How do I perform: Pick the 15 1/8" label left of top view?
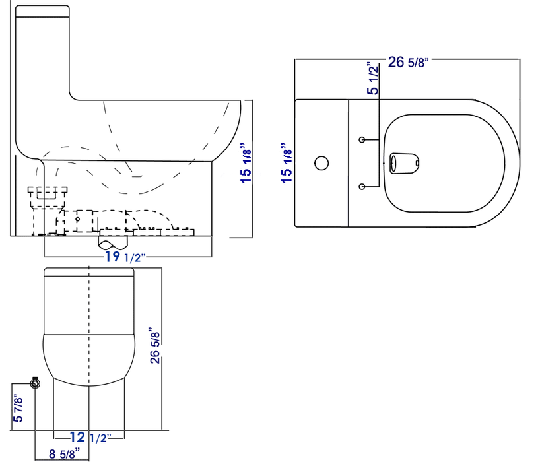[286, 162]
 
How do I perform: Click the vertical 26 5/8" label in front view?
[154, 345]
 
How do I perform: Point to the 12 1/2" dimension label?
[88, 436]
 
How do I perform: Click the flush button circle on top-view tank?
[322, 162]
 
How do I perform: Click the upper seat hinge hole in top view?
[362, 140]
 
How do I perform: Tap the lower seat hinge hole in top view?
[362, 187]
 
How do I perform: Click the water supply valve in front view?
[36, 382]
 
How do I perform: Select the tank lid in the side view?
[42, 11]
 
